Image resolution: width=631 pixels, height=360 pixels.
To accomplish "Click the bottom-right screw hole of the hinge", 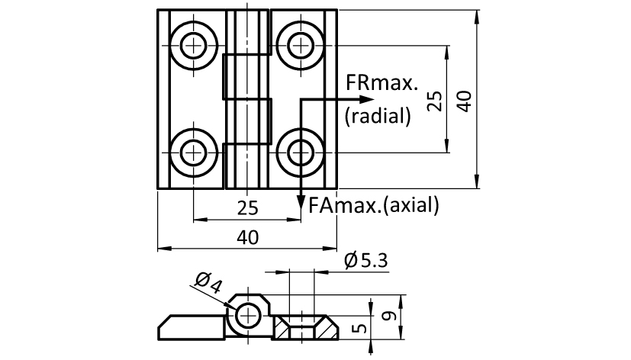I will (x=298, y=153).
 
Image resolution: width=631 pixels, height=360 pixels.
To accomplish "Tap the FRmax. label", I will (x=382, y=82).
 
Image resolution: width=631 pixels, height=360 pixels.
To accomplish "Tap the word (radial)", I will (x=378, y=116).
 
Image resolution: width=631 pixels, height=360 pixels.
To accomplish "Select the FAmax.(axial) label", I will (x=375, y=204).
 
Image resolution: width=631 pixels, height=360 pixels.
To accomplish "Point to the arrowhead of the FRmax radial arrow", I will (x=369, y=99).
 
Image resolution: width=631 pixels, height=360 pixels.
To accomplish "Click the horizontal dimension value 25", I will (x=246, y=207).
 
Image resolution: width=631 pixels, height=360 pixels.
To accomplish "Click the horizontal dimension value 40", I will (x=246, y=237).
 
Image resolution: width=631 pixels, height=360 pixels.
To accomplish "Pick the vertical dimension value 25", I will (x=434, y=101).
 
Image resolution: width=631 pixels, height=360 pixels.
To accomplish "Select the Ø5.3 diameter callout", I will (x=366, y=261).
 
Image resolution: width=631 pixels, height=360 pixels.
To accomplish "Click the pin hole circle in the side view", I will (x=249, y=313).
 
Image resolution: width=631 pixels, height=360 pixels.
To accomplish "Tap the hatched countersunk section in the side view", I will (x=285, y=328).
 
